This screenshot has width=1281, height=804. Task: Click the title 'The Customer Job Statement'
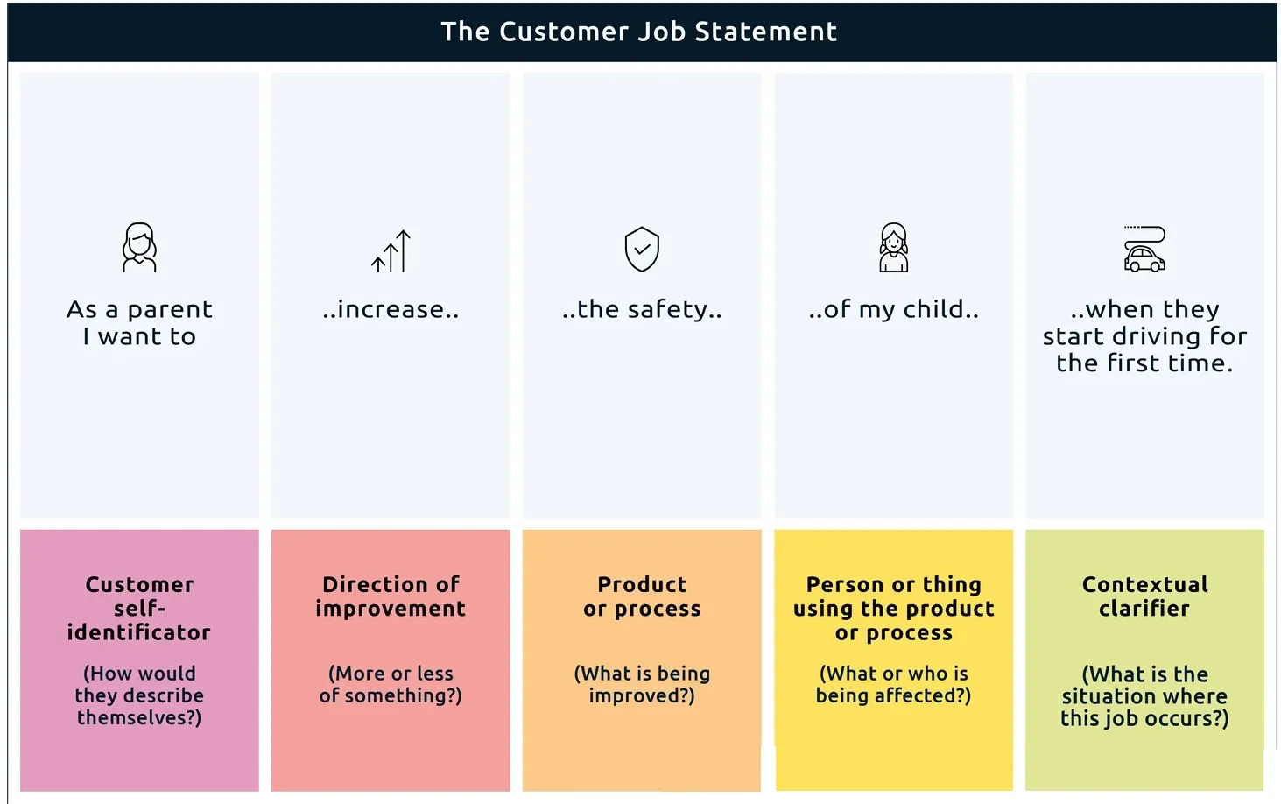(639, 32)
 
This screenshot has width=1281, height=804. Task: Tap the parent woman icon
(139, 248)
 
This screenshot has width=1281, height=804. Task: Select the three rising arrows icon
(391, 251)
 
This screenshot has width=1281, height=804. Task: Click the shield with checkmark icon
(642, 249)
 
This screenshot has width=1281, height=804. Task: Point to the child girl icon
(893, 248)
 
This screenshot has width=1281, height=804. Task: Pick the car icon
(1144, 250)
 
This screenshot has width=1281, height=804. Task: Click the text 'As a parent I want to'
(139, 322)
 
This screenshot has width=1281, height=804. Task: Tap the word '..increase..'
(391, 309)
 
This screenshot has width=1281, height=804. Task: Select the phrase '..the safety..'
(642, 309)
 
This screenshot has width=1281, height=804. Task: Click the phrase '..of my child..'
(893, 309)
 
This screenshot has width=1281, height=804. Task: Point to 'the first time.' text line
(1144, 363)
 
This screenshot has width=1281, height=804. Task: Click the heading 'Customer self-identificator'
(139, 609)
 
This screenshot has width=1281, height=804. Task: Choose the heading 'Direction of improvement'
(391, 596)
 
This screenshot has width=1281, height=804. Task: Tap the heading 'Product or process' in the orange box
(642, 596)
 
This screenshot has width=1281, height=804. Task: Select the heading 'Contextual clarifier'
(1145, 596)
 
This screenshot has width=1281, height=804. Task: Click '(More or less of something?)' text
(391, 684)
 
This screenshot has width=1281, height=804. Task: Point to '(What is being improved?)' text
(642, 684)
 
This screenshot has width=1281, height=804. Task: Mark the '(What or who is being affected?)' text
(893, 684)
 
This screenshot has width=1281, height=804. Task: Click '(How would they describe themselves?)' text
(139, 695)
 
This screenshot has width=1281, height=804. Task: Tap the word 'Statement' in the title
(766, 32)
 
